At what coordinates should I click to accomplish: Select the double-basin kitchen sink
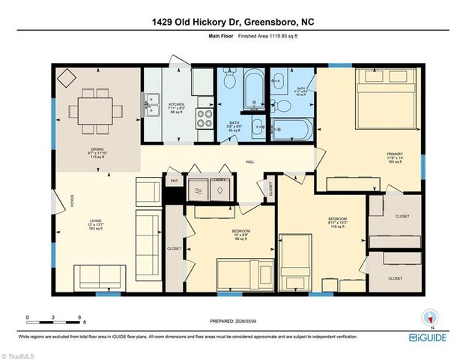click(x=152, y=99)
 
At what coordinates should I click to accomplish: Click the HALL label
click(x=251, y=161)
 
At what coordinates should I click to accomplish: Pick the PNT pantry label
click(x=174, y=181)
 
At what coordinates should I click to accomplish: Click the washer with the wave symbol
click(x=199, y=190)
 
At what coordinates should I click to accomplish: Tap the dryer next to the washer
click(x=220, y=190)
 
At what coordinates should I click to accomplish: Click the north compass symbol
click(x=429, y=319)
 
